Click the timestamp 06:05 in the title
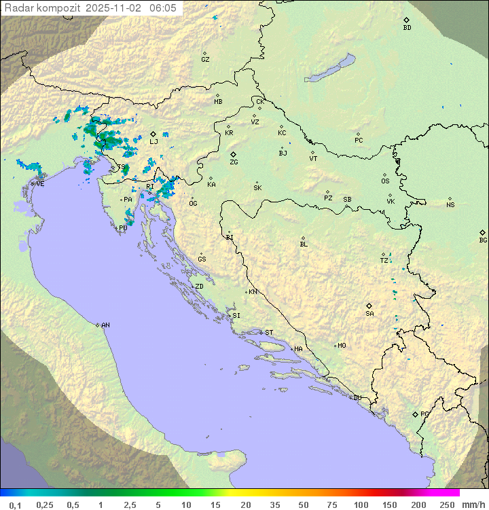pyautogui.click(x=162, y=7)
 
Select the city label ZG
pyautogui.click(x=234, y=162)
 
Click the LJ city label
pyautogui.click(x=154, y=142)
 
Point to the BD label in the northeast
pyautogui.click(x=407, y=28)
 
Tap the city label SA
pyautogui.click(x=369, y=314)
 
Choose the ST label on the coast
pyautogui.click(x=269, y=333)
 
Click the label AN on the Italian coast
pyautogui.click(x=105, y=325)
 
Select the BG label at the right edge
pyautogui.click(x=483, y=240)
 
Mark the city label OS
pyautogui.click(x=385, y=181)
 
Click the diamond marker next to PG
pyautogui.click(x=415, y=414)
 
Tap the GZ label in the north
pyautogui.click(x=205, y=60)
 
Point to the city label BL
pyautogui.click(x=304, y=244)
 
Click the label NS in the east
pyautogui.click(x=450, y=205)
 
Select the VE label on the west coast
pyautogui.click(x=40, y=184)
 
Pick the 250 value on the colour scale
pyautogui.click(x=447, y=505)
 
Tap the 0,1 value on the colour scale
pyautogui.click(x=15, y=505)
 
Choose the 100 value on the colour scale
pyautogui.click(x=361, y=505)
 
